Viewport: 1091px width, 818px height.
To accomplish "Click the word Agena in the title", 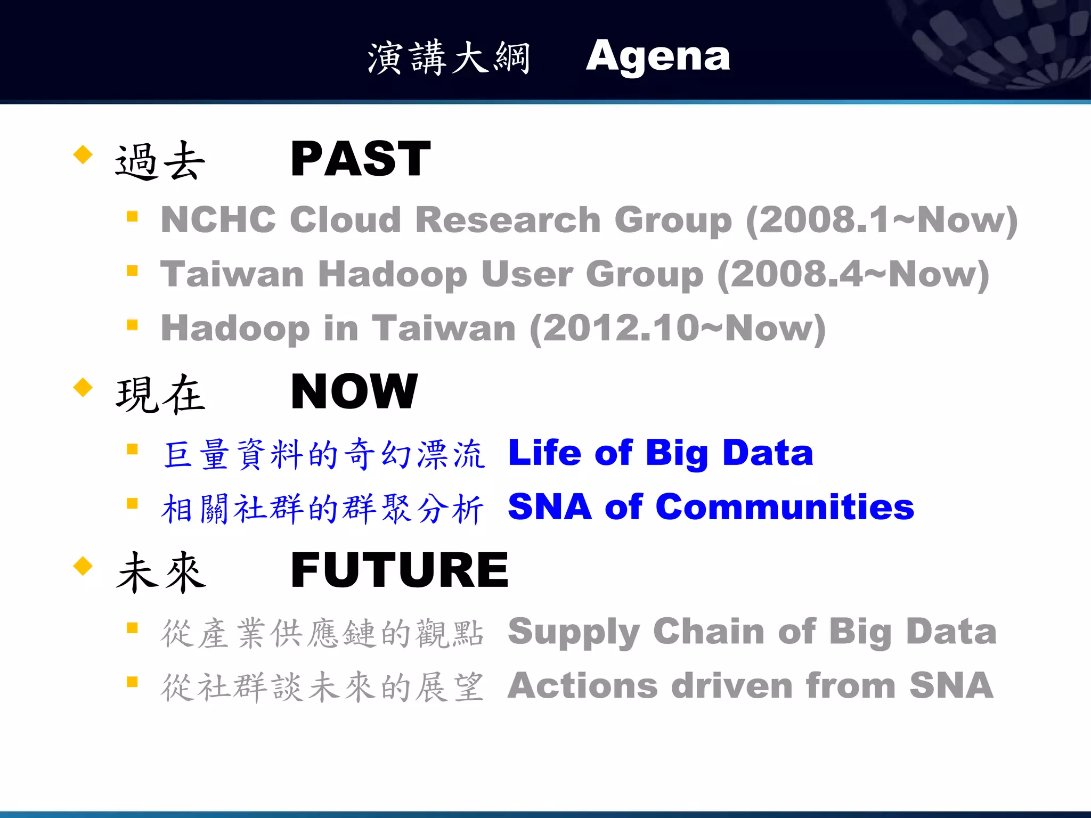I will coord(658,56).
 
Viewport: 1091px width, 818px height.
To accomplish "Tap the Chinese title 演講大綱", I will coord(449,58).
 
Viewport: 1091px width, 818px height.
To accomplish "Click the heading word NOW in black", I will coord(354,391).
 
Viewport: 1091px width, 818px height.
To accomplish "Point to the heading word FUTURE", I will coord(400,570).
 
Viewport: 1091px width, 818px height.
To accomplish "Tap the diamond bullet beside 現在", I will coord(83,387).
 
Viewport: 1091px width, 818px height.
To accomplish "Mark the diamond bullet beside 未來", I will coord(83,566).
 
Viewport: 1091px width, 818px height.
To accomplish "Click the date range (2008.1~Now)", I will coord(882,220).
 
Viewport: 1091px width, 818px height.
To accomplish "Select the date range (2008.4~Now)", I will coord(853,274).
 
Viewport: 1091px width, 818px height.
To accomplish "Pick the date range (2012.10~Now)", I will coord(678,329).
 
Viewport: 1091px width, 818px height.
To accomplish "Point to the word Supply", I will coord(573,633).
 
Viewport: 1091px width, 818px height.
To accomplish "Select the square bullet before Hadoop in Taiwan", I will coord(133,325).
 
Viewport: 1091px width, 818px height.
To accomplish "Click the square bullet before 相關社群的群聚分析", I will coord(133,503).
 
